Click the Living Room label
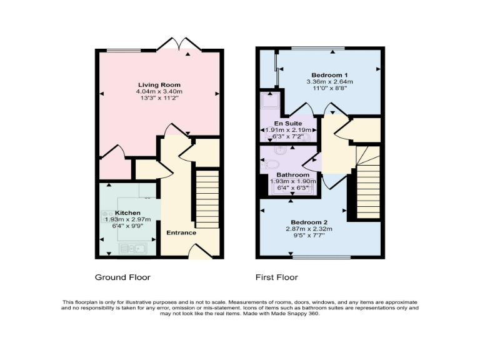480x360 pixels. (159, 85)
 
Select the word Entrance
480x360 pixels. (181, 233)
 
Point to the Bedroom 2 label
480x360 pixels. (309, 222)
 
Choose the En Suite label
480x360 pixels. (289, 124)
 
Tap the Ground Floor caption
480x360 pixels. (122, 277)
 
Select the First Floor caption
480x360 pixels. (276, 277)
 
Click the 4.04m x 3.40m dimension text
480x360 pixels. (159, 92)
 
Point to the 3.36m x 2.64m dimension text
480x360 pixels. (329, 81)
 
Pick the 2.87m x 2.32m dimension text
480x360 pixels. (309, 229)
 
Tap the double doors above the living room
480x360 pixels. (179, 44)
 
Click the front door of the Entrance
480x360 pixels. (199, 252)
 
